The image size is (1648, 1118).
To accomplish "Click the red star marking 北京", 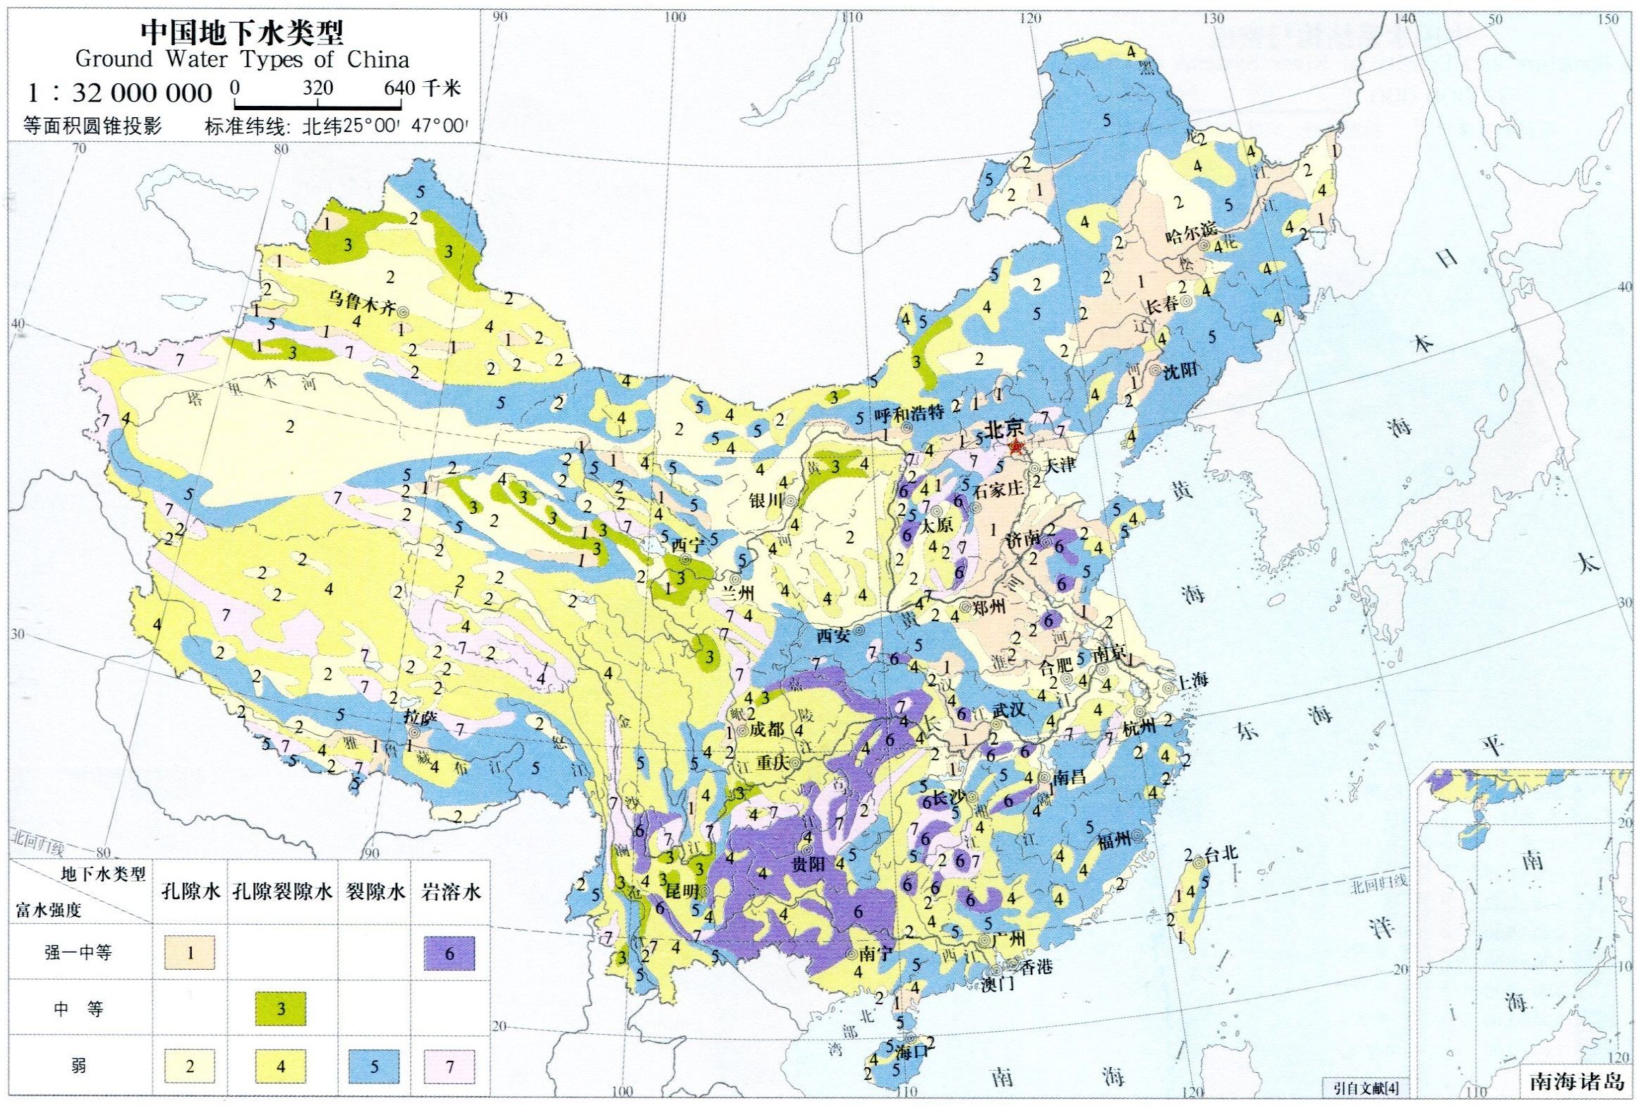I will pos(1016,447).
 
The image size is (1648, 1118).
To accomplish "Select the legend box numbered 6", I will pos(449,954).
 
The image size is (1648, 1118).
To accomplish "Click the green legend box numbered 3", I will pos(281,1009).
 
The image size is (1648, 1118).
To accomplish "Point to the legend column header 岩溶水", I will pos(450,891).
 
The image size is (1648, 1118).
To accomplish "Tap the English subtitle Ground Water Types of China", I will pos(242,59).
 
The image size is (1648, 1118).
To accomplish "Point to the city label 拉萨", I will pos(418,718).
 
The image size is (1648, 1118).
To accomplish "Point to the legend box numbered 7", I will pos(449,1066).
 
